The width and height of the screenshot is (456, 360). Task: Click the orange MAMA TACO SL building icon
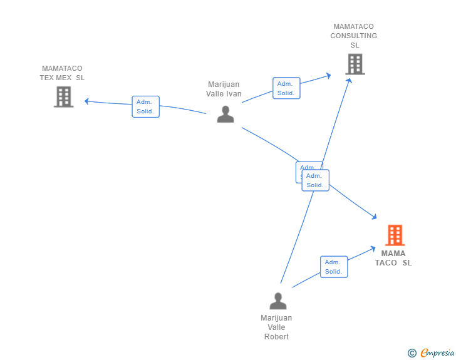click(x=395, y=235)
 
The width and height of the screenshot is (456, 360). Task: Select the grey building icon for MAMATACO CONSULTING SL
click(x=355, y=64)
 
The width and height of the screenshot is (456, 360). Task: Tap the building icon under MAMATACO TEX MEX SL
click(x=63, y=97)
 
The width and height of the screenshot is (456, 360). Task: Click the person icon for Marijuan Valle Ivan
click(x=225, y=114)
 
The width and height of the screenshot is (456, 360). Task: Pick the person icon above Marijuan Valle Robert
click(x=277, y=301)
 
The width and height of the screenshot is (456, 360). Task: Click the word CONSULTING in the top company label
click(x=354, y=36)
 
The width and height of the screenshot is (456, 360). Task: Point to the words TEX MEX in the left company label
click(x=62, y=78)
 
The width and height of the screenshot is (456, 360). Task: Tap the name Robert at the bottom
click(x=276, y=336)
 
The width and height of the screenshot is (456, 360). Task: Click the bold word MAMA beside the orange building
click(x=393, y=254)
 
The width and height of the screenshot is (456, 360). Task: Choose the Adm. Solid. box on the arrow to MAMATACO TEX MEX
click(x=145, y=106)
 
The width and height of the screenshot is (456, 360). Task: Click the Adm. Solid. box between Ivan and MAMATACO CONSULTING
click(x=286, y=88)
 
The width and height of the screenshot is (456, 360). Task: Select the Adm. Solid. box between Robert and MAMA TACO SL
click(x=333, y=267)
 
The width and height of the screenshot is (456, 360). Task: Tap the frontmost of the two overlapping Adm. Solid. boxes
click(x=315, y=180)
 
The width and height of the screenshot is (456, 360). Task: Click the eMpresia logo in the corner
click(x=437, y=353)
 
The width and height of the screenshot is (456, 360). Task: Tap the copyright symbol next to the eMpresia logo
click(x=412, y=354)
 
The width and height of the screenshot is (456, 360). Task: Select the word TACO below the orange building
click(x=386, y=263)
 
